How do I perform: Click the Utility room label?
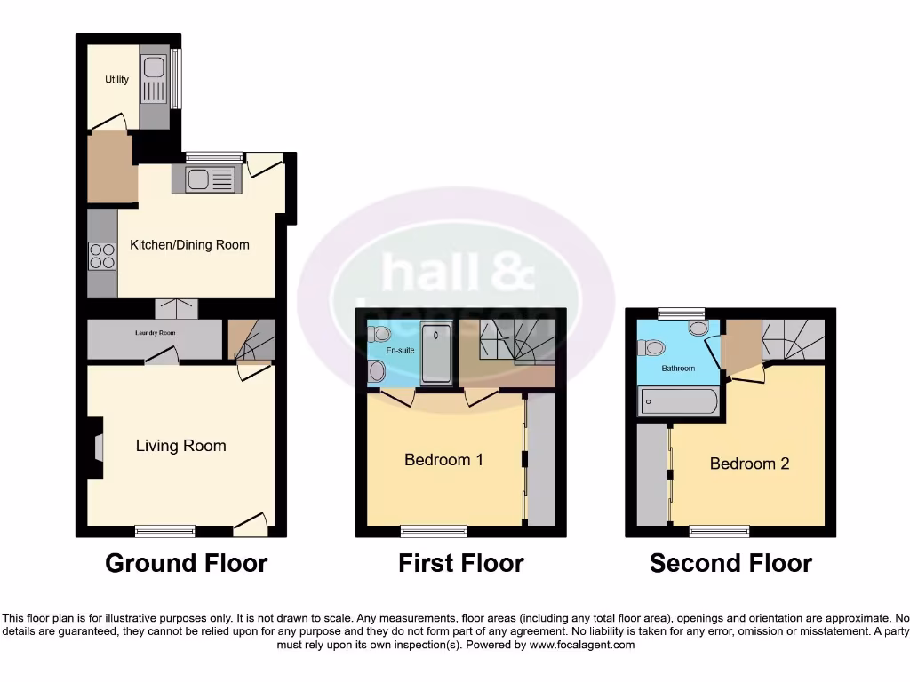point(116,80)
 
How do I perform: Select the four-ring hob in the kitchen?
point(101,256)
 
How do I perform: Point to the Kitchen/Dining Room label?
point(189,245)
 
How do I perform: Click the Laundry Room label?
point(155,333)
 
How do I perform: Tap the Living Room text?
point(180,446)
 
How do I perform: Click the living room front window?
point(165,531)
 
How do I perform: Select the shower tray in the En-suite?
point(435,353)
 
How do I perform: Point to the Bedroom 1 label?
point(443,460)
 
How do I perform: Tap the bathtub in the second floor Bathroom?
point(678,402)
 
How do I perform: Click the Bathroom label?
point(677,368)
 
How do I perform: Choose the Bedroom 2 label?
point(749,464)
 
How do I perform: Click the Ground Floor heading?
point(186,563)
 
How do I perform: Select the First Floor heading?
point(460,563)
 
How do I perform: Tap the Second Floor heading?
point(730,563)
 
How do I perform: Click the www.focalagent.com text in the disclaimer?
point(582,645)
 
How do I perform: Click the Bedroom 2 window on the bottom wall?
point(719,531)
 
